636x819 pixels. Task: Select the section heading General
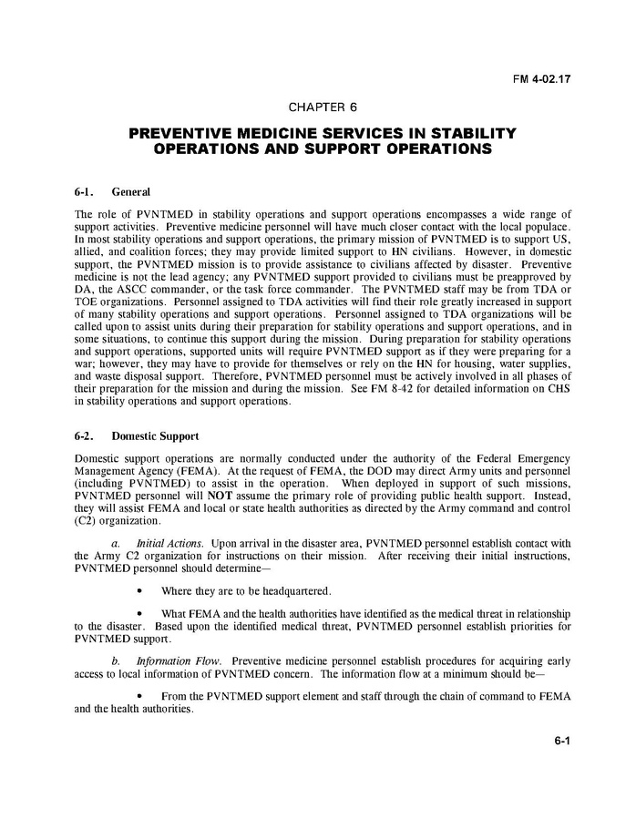(130, 192)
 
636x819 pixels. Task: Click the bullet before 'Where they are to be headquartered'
(140, 590)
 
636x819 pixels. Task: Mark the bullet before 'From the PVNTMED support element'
(140, 697)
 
